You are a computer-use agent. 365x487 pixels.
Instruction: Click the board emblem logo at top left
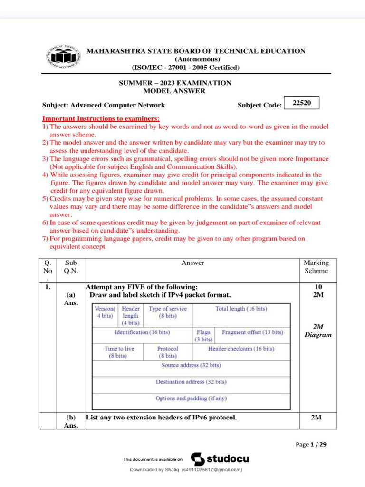click(x=63, y=59)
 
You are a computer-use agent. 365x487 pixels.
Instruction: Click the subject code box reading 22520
click(x=301, y=103)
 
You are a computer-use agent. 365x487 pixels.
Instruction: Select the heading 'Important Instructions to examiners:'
click(x=101, y=118)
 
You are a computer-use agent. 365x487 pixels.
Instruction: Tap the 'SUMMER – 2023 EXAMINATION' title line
click(x=175, y=83)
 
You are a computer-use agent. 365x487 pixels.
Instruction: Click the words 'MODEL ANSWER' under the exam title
click(x=174, y=91)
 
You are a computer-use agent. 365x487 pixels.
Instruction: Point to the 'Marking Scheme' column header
click(x=316, y=266)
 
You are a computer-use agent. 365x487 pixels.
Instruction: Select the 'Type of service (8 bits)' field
click(x=168, y=312)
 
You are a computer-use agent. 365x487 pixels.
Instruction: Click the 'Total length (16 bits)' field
click(x=241, y=309)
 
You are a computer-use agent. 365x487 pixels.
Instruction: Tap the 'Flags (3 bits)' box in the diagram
click(x=203, y=336)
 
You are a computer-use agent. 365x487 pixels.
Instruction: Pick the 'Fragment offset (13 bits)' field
click(x=252, y=332)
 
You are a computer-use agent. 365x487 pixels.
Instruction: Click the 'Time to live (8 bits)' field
click(x=119, y=352)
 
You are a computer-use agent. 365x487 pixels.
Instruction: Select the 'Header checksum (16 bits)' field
click(x=241, y=349)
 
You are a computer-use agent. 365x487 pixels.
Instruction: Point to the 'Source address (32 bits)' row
click(x=191, y=365)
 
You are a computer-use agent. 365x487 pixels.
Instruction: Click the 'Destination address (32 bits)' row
click(x=191, y=382)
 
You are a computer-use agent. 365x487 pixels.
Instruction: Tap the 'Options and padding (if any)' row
click(x=191, y=399)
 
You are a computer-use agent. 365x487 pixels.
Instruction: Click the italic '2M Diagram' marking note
click(x=318, y=331)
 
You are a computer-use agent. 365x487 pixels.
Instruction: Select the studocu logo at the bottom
click(x=220, y=459)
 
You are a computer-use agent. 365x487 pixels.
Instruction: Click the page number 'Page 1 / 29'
click(x=311, y=445)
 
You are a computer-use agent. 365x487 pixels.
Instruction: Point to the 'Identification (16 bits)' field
click(x=142, y=332)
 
